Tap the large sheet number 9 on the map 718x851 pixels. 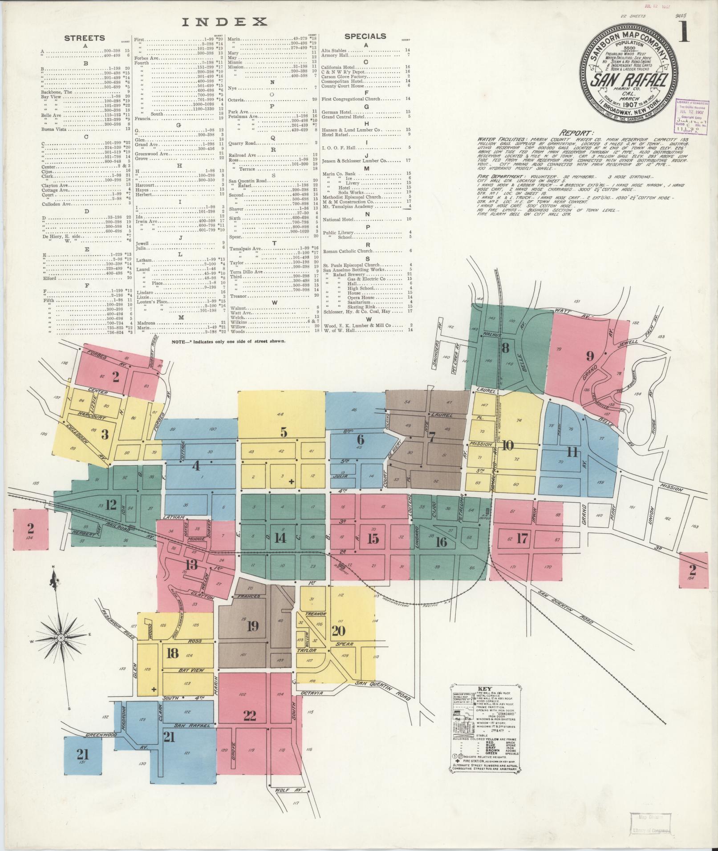pyautogui.click(x=590, y=355)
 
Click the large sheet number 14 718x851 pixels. pyautogui.click(x=280, y=538)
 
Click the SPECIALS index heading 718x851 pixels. pyautogui.click(x=365, y=36)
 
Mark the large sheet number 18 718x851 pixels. pyautogui.click(x=173, y=653)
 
